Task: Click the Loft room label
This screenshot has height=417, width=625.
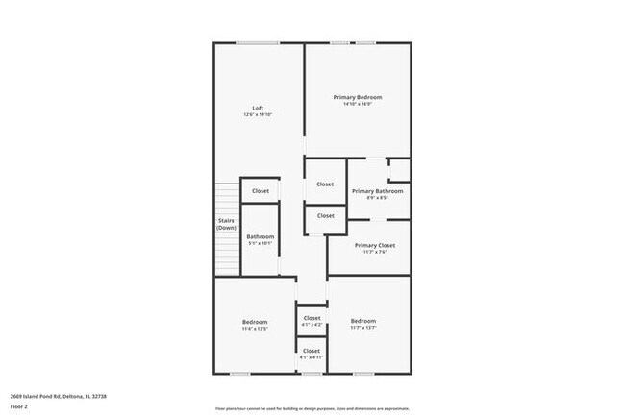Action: [258, 108]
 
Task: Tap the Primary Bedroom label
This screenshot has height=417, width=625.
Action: [358, 97]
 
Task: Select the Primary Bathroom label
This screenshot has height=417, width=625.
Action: [377, 191]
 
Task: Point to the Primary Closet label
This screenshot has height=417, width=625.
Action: [375, 245]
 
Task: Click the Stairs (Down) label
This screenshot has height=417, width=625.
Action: [226, 224]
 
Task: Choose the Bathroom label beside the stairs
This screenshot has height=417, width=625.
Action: [260, 236]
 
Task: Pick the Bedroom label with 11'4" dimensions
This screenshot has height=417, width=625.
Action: [255, 321]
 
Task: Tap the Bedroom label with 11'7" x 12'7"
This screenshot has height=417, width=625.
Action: [362, 321]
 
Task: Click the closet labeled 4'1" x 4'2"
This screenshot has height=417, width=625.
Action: [312, 318]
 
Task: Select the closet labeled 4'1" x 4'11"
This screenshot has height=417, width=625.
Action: [312, 351]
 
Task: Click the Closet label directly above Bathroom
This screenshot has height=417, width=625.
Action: [261, 191]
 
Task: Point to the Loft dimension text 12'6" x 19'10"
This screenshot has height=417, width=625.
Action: [258, 115]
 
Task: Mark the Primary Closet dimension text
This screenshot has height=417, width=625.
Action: [375, 253]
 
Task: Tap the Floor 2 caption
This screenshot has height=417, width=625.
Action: [20, 405]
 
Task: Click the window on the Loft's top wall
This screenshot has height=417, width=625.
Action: [259, 42]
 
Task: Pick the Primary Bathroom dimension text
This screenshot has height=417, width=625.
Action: [377, 199]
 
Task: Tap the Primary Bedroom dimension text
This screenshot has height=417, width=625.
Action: [358, 105]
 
